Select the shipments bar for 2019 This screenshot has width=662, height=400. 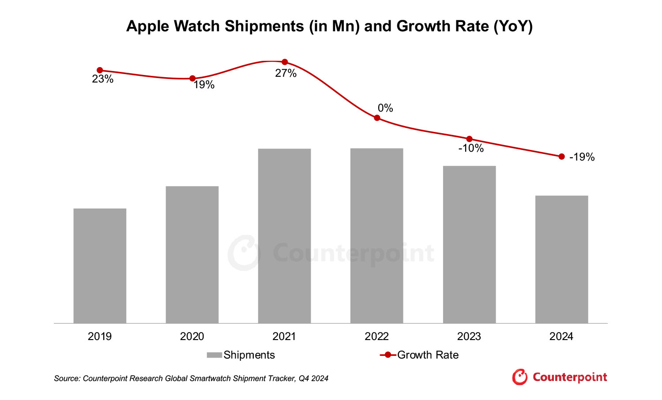click(x=100, y=266)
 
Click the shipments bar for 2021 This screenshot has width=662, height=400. click(x=284, y=236)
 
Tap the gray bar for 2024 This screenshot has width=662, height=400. click(x=561, y=259)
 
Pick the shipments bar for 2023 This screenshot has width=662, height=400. click(x=469, y=245)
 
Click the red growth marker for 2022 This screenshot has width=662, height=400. click(x=377, y=118)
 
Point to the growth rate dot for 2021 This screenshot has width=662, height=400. click(x=285, y=62)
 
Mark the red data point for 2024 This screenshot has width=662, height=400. click(x=561, y=157)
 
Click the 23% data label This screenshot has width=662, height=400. click(x=102, y=79)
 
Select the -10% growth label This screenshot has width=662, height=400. click(x=471, y=149)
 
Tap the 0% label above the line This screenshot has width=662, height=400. click(x=385, y=108)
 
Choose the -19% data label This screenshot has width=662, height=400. click(x=582, y=157)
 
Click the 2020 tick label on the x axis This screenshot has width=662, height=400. click(x=192, y=336)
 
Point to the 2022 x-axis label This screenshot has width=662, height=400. click(x=376, y=336)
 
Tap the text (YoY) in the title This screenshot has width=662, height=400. click(x=513, y=26)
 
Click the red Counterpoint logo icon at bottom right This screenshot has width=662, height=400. click(x=519, y=377)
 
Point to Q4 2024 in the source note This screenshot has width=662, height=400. click(x=313, y=378)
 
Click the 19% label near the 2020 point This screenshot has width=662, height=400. click(x=204, y=85)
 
